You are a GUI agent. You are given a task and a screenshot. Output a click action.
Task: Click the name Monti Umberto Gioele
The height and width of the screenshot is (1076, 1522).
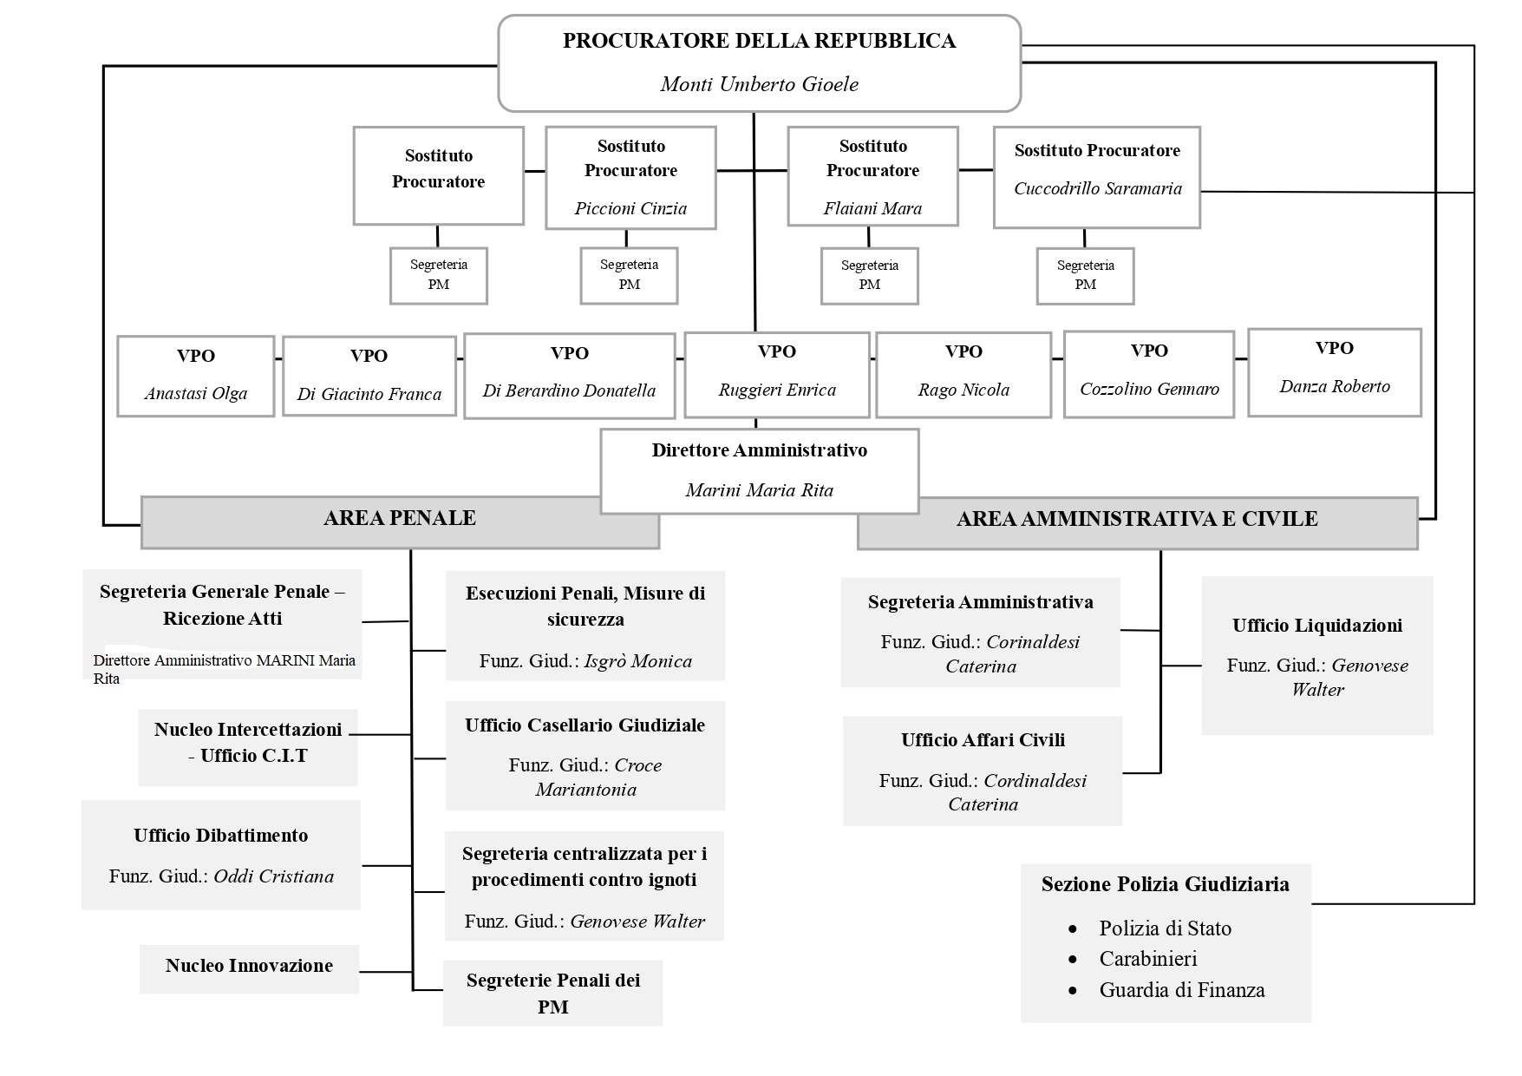(x=759, y=84)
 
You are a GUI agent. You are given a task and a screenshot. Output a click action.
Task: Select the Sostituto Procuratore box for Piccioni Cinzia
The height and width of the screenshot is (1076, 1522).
(x=630, y=177)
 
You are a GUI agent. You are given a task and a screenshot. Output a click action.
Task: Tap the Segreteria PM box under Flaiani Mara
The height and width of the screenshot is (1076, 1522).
(x=869, y=275)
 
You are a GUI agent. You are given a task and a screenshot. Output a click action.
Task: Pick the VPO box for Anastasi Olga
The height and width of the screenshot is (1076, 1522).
(x=195, y=376)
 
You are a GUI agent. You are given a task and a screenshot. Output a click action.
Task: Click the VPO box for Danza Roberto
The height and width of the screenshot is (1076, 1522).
(x=1334, y=371)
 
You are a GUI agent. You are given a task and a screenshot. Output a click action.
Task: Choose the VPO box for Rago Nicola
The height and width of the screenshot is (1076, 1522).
(x=963, y=375)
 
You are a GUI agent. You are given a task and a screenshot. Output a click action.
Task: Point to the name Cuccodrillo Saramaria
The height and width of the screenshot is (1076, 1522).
(x=1097, y=188)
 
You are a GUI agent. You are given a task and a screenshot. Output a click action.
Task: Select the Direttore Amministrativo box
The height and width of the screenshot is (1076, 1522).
(x=759, y=470)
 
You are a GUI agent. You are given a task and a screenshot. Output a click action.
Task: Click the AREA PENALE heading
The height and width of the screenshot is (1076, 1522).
(x=400, y=518)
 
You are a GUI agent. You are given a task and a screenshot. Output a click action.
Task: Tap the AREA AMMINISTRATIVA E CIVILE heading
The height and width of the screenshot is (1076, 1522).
(x=1136, y=519)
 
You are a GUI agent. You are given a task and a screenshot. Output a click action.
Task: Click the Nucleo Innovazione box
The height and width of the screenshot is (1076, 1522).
(x=249, y=967)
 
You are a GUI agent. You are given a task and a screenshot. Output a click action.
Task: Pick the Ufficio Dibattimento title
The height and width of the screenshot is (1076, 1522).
(x=220, y=836)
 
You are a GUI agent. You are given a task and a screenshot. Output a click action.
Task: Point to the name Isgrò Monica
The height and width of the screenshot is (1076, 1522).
(x=637, y=661)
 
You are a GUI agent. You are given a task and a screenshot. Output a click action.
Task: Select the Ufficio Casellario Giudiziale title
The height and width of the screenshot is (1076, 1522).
(x=585, y=725)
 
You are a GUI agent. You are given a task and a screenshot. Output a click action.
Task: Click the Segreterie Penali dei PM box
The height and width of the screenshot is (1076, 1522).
(x=552, y=993)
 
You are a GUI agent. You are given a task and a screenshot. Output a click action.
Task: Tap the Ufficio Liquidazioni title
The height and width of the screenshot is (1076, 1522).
(x=1316, y=626)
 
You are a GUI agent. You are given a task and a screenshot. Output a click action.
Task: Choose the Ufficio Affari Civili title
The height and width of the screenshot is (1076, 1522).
(x=983, y=740)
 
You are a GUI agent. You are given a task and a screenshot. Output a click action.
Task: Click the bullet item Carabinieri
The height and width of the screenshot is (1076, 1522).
(x=1147, y=959)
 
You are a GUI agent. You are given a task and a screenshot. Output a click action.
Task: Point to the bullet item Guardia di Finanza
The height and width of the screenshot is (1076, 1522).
(x=1181, y=990)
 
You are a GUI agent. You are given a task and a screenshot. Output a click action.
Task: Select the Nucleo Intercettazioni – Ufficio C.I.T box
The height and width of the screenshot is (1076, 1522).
(x=248, y=743)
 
